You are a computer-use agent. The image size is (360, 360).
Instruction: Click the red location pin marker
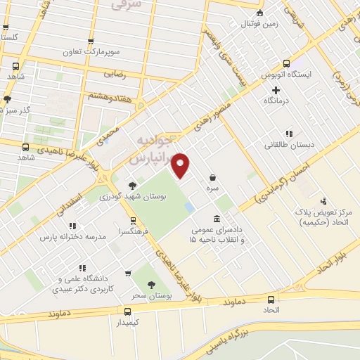pyautogui.click(x=181, y=165)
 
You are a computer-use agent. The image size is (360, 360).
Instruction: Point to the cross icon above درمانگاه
pyautogui.click(x=276, y=90)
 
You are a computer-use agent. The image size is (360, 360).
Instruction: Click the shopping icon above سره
pyautogui.click(x=212, y=178)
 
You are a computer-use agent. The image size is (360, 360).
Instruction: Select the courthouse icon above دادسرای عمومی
pyautogui.click(x=216, y=219)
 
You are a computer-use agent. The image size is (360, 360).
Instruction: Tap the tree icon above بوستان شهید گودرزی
pyautogui.click(x=132, y=186)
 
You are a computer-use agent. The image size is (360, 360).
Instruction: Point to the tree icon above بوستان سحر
pyautogui.click(x=151, y=284)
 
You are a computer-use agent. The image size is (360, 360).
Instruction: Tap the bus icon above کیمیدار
pyautogui.click(x=127, y=311)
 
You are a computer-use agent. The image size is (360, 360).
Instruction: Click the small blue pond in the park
pyautogui.click(x=190, y=207)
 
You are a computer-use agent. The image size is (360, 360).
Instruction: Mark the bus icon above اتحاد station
pyautogui.click(x=271, y=298)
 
